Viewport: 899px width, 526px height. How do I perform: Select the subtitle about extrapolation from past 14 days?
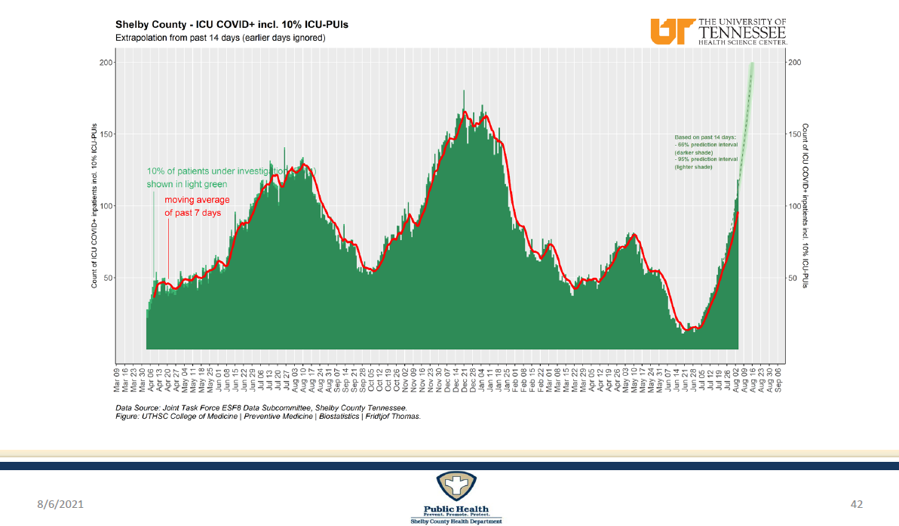click(219, 38)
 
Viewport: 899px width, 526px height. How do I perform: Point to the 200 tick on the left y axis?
click(106, 63)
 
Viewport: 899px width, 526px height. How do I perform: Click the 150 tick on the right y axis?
click(793, 134)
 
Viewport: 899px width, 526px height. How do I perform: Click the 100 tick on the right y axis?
click(793, 206)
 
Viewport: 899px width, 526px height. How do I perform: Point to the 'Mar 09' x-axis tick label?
click(117, 381)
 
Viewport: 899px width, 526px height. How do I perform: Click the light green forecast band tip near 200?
click(752, 68)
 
